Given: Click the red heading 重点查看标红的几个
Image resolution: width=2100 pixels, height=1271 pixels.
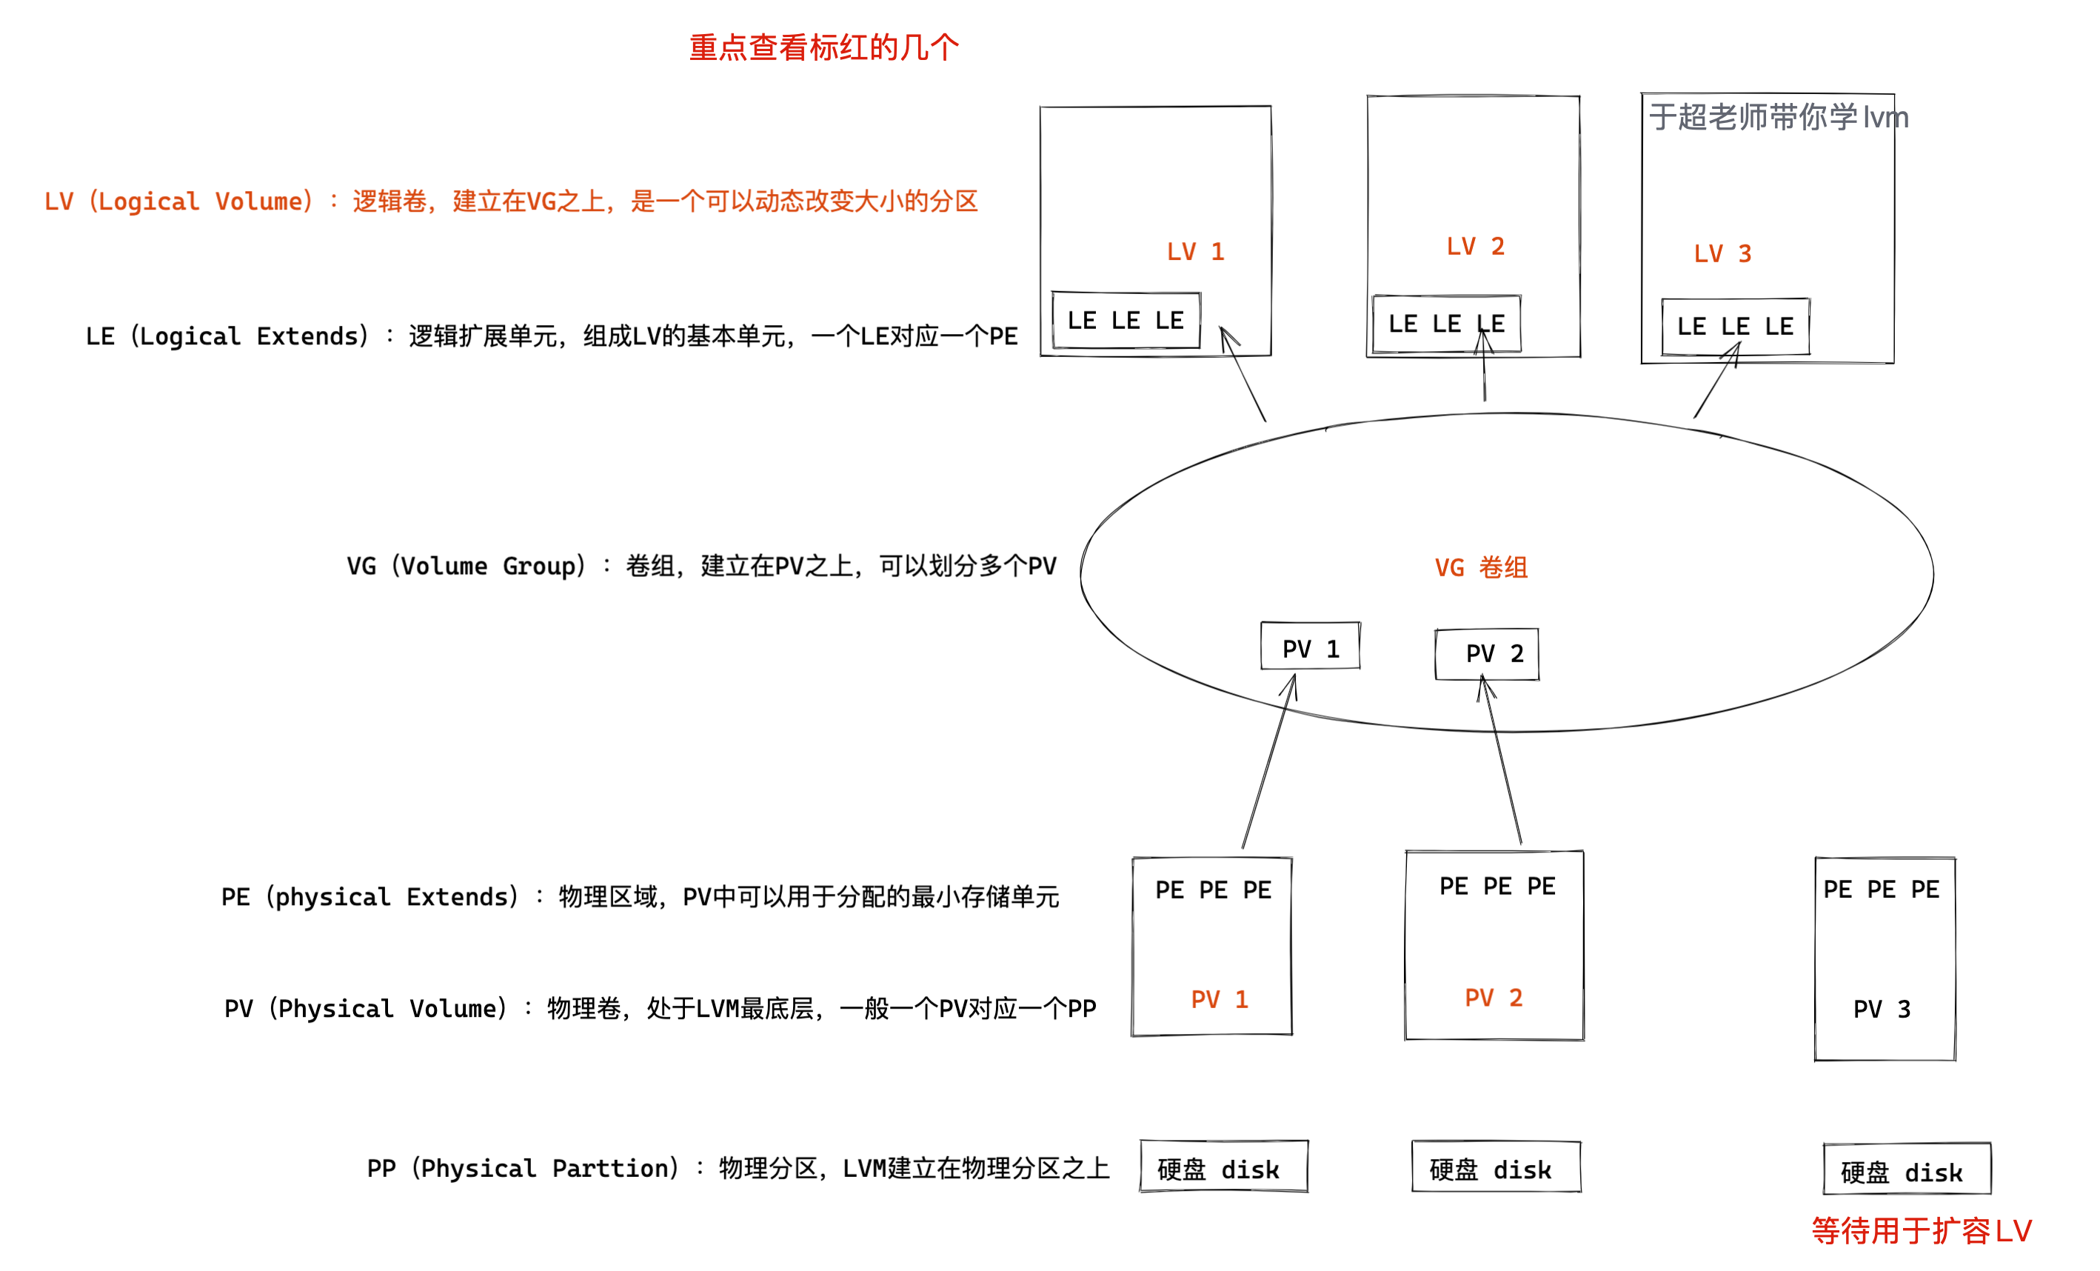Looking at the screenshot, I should point(823,47).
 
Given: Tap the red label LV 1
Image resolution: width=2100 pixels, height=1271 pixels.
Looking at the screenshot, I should point(1195,253).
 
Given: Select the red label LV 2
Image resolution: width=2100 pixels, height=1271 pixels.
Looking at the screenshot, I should point(1475,247).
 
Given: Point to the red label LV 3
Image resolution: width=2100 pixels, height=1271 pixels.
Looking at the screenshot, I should point(1722,254).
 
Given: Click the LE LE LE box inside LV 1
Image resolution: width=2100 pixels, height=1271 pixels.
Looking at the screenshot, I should point(1125,321).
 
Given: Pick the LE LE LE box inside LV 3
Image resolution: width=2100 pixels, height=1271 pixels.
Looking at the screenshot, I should point(1734,327).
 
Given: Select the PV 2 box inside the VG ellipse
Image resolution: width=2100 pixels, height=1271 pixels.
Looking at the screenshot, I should point(1486,654).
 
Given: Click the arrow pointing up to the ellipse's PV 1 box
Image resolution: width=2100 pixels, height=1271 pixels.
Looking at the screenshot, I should point(1269,763).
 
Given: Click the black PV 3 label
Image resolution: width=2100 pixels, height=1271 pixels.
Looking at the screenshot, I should point(1881,1010).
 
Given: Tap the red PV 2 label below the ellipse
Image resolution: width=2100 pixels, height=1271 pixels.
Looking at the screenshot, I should point(1494,998).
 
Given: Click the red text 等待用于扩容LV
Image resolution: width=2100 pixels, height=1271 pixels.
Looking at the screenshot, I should point(1921,1231).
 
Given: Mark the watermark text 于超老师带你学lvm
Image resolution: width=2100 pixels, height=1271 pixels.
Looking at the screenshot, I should point(1778,118).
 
